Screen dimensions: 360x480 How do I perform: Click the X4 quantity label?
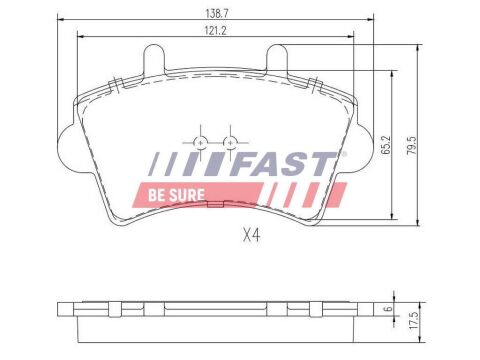click(x=250, y=237)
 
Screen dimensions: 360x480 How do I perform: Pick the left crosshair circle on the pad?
click(x=201, y=142)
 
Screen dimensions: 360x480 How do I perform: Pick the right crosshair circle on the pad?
click(x=231, y=142)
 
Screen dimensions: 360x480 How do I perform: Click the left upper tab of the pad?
click(x=155, y=60)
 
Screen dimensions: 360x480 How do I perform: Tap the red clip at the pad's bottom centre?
click(x=215, y=207)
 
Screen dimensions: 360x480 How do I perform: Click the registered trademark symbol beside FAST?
click(x=343, y=154)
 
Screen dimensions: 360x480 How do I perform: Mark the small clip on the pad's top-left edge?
click(x=116, y=82)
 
